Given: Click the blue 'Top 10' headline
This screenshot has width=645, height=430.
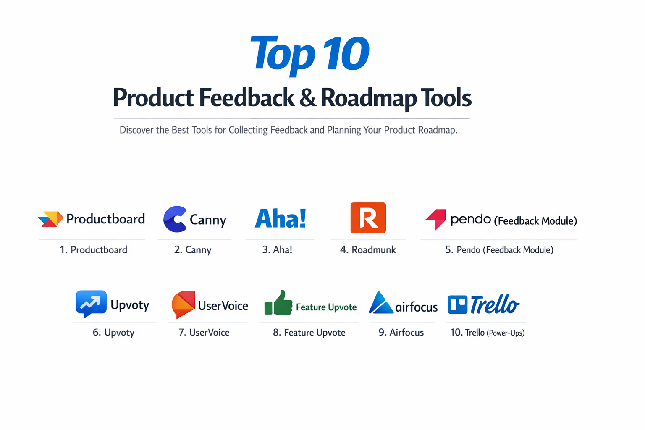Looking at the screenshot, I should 309,54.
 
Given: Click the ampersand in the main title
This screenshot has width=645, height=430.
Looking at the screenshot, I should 308,98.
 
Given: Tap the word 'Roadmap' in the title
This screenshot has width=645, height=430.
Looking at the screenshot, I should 369,98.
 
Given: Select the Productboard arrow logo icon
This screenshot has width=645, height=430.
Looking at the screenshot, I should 50,219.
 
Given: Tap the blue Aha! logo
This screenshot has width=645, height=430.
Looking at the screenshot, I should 281,219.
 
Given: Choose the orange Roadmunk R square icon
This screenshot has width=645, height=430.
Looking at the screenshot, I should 368,218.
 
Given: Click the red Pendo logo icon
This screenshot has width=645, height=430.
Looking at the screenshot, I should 436,219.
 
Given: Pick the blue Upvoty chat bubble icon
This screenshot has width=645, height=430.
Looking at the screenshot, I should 91,303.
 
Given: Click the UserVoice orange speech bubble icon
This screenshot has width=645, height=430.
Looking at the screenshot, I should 183,304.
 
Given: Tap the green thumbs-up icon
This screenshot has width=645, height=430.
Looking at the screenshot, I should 278,303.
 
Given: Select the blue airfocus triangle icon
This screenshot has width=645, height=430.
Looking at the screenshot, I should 380,303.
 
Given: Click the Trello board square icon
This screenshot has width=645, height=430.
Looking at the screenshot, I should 457,305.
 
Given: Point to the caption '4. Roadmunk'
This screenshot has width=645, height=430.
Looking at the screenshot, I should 368,250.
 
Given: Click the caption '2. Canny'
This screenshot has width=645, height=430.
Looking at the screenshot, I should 193,250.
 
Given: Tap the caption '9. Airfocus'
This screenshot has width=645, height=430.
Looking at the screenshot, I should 401,333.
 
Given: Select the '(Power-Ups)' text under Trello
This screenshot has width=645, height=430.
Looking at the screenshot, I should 506,333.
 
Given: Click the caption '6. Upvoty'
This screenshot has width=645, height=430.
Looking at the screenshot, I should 113,333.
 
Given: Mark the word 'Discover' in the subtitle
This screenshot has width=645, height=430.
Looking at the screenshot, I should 136,130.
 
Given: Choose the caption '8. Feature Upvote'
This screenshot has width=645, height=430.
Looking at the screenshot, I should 309,333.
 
